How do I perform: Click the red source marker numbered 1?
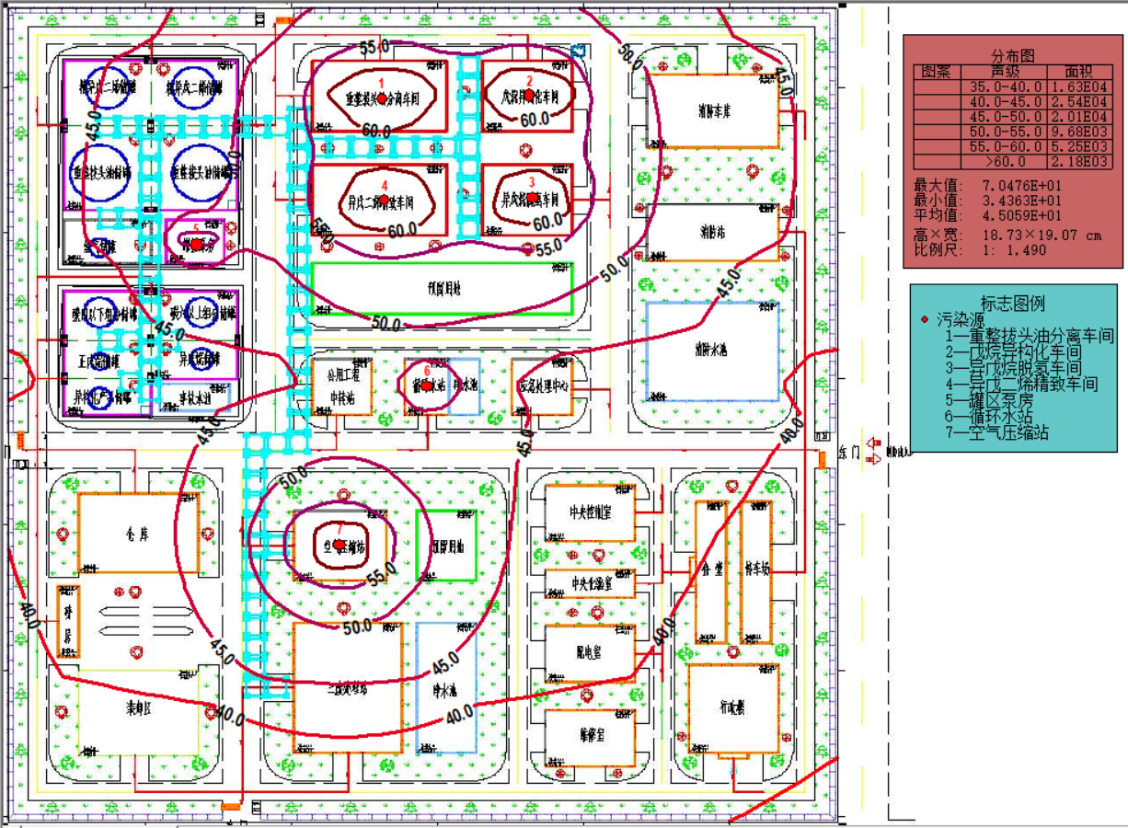383,97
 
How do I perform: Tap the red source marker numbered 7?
340,545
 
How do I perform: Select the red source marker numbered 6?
426,386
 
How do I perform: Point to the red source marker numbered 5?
196,243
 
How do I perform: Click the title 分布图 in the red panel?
1012,55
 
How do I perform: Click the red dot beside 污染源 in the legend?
925,320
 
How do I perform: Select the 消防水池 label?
711,351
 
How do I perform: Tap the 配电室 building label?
588,652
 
